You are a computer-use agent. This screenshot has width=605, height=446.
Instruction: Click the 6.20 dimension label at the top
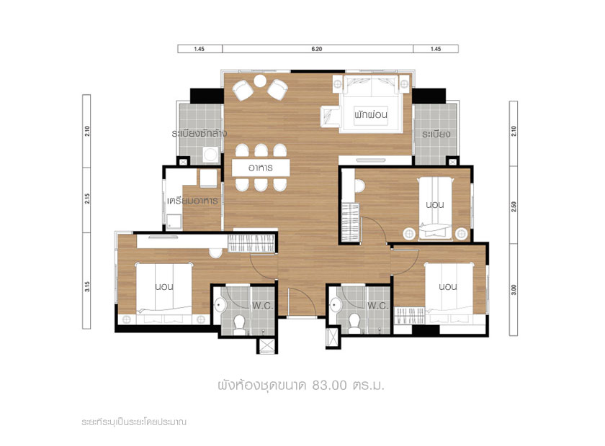(x=316, y=49)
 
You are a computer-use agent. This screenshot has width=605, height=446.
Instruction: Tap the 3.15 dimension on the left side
(x=87, y=286)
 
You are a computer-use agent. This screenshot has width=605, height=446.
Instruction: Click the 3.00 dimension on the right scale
(x=513, y=289)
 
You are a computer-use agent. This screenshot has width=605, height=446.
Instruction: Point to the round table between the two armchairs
(x=260, y=81)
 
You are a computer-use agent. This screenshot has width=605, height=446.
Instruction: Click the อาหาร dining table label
(x=261, y=168)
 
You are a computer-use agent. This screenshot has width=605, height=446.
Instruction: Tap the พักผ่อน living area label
(x=371, y=114)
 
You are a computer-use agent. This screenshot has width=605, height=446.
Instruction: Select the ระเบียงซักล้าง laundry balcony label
(x=199, y=133)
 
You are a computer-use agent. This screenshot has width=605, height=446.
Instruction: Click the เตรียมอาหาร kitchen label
(x=192, y=201)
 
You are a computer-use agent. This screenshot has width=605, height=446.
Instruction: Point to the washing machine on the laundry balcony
(x=210, y=155)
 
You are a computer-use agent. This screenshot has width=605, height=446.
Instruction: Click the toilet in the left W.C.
(x=240, y=324)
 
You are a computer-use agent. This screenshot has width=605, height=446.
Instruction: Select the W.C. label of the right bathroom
(x=377, y=306)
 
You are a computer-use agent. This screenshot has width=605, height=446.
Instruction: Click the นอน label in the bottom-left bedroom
(x=164, y=286)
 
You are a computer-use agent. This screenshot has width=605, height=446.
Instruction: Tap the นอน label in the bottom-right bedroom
(x=447, y=286)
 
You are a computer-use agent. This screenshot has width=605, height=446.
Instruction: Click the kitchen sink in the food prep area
(x=174, y=222)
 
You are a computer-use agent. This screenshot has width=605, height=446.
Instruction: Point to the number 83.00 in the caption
(x=330, y=385)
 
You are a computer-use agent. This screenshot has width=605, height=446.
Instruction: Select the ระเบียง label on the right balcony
(x=436, y=134)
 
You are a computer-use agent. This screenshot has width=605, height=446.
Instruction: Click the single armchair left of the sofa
(x=331, y=117)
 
